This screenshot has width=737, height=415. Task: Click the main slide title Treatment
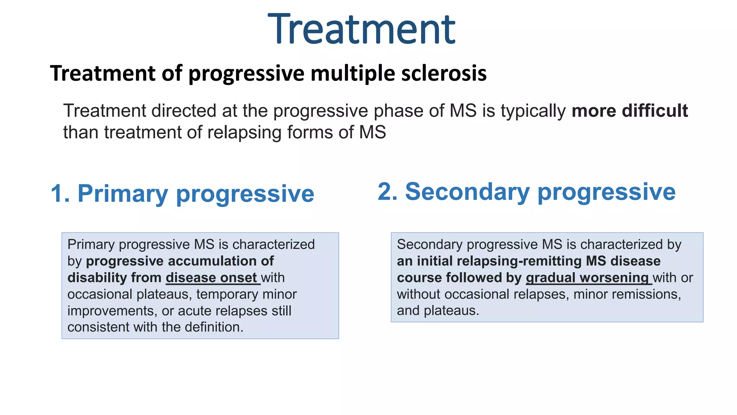(362, 30)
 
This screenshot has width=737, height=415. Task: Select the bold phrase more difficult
(629, 111)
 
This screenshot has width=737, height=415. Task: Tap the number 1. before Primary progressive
(60, 194)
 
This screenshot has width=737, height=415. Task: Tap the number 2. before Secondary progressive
(388, 192)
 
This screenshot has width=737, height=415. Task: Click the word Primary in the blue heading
(122, 194)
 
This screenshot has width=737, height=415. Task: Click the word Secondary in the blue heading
(467, 192)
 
